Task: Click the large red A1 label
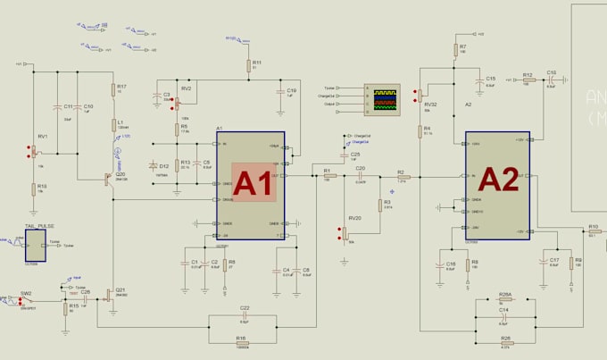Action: click(253, 183)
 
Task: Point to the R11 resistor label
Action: click(257, 62)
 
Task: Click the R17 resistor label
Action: click(121, 86)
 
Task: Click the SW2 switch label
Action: click(26, 293)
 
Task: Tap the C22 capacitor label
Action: click(245, 308)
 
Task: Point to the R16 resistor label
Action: click(241, 338)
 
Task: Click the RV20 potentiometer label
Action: click(354, 218)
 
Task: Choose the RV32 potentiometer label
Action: click(430, 104)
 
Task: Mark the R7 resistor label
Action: click(463, 46)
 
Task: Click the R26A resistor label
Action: click(505, 294)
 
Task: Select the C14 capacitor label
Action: click(504, 309)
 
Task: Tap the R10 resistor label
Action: click(594, 227)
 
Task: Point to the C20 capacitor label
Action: click(361, 168)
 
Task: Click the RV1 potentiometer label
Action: click(41, 136)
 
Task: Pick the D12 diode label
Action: click(163, 166)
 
